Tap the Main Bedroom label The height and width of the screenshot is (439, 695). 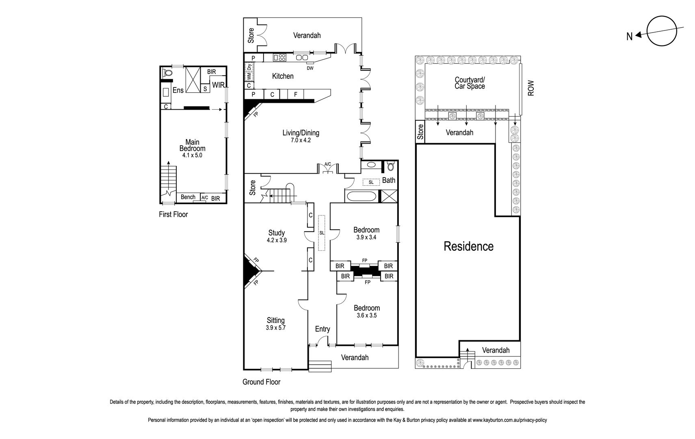pyautogui.click(x=193, y=145)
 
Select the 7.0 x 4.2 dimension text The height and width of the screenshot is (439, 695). pyautogui.click(x=301, y=140)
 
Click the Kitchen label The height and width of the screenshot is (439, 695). pyautogui.click(x=283, y=76)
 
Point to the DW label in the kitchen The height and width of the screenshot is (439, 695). pyautogui.click(x=310, y=68)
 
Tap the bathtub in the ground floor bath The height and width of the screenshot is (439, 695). pyautogui.click(x=361, y=197)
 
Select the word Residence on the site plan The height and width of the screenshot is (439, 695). pyautogui.click(x=468, y=246)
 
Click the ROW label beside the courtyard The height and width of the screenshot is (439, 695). pyautogui.click(x=531, y=88)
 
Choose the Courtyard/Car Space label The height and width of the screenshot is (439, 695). pyautogui.click(x=470, y=83)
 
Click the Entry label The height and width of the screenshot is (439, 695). pyautogui.click(x=323, y=329)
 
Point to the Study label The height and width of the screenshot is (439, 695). pyautogui.click(x=277, y=233)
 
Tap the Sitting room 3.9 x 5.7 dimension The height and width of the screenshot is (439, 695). pyautogui.click(x=276, y=327)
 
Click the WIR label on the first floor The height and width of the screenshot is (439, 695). pyautogui.click(x=218, y=85)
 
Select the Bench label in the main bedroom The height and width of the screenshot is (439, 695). pyautogui.click(x=188, y=197)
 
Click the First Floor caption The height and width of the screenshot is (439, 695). pyautogui.click(x=173, y=214)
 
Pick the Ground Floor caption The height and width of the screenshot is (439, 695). pyautogui.click(x=261, y=382)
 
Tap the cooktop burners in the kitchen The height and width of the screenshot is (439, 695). pyautogui.click(x=280, y=58)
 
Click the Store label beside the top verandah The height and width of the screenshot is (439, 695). pyautogui.click(x=251, y=35)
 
